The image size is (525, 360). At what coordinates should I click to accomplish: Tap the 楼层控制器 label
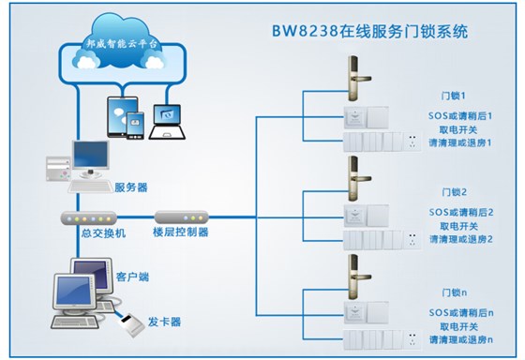(180, 232)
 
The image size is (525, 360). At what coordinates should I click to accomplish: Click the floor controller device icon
(182, 217)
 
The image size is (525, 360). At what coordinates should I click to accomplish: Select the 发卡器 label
(164, 322)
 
